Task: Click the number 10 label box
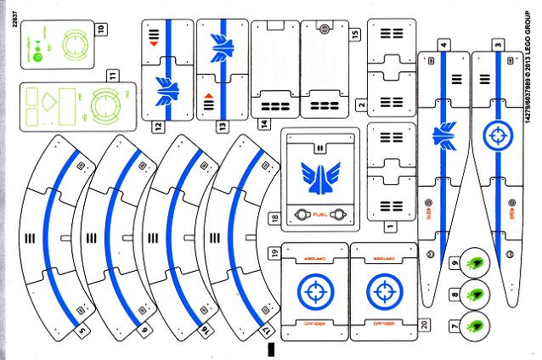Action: click(101, 28)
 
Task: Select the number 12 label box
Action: click(158, 125)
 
